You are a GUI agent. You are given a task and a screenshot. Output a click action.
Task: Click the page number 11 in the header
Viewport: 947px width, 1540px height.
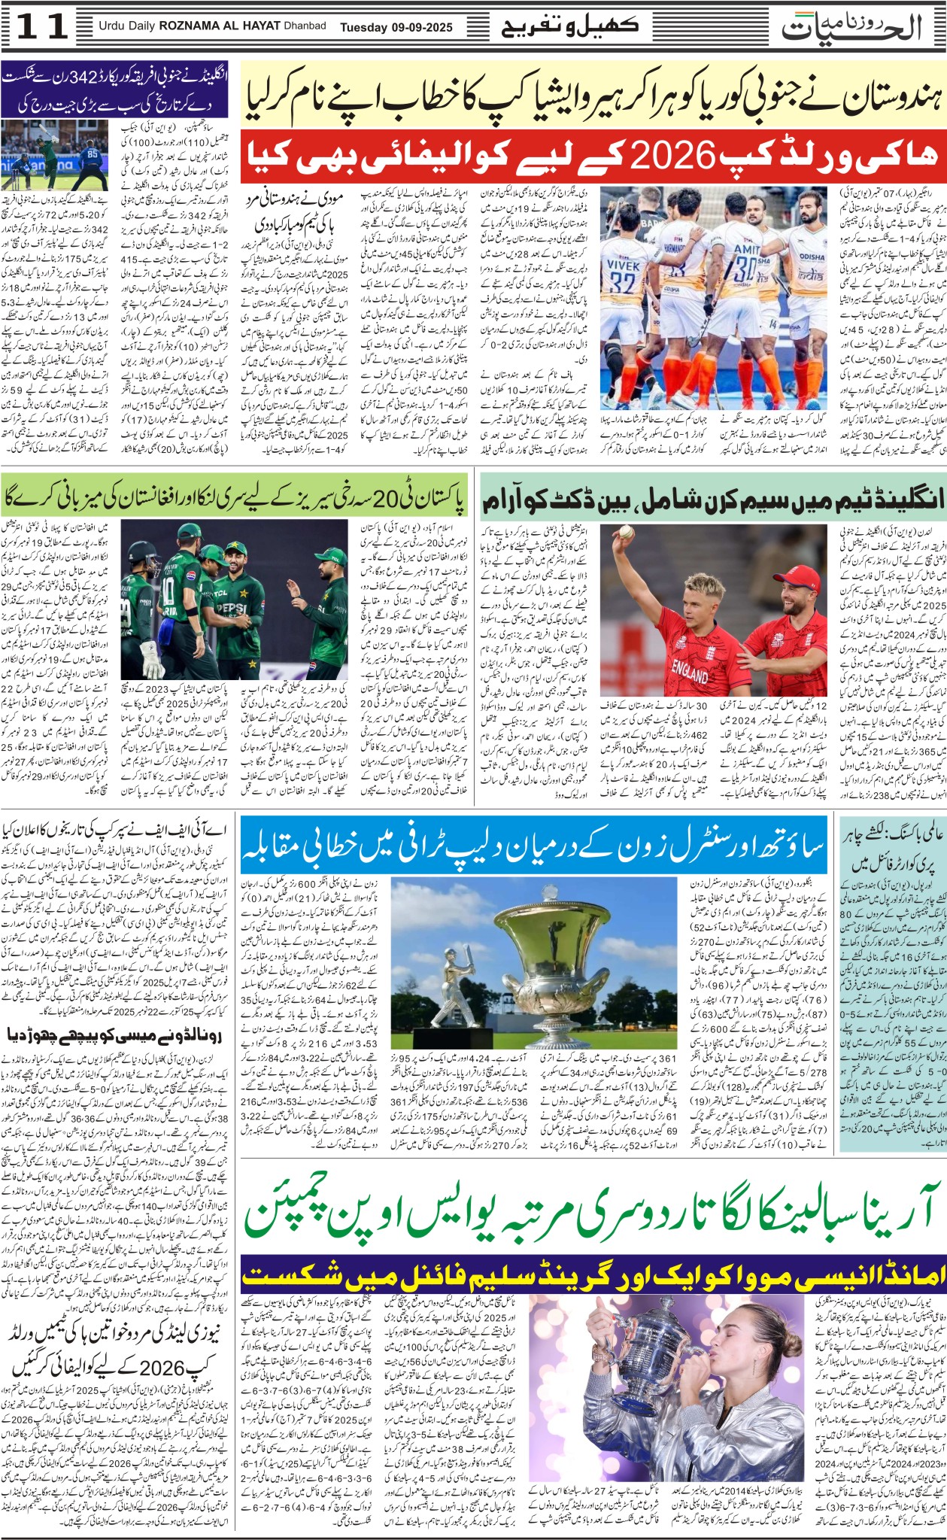coord(43,27)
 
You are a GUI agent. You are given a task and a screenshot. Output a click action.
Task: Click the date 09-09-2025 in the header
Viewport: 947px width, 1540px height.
coord(421,28)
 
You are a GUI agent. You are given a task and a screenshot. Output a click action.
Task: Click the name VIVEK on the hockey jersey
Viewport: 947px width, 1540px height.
coord(624,266)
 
